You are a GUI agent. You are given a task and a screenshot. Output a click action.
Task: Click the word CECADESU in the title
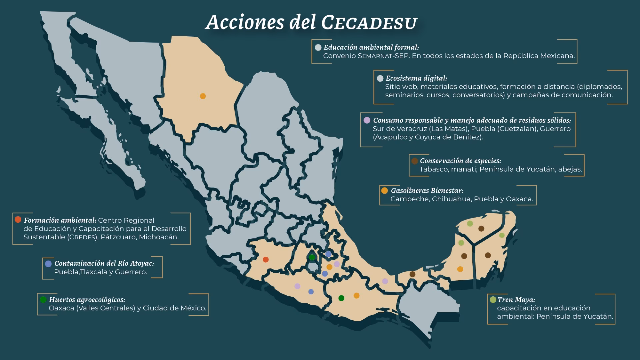(x=369, y=23)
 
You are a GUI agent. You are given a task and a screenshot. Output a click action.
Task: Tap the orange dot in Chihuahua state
(x=203, y=96)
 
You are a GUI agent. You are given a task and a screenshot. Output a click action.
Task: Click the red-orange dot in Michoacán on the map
(x=266, y=259)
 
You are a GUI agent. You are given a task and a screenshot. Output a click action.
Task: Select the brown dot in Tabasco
(x=412, y=274)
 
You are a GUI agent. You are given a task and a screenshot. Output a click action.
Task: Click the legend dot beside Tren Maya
(x=493, y=299)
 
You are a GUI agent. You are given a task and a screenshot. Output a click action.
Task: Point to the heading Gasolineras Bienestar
(x=427, y=191)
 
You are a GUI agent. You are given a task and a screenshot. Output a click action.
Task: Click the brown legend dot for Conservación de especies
(x=415, y=161)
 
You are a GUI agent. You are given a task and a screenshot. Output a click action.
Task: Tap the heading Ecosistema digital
(x=416, y=78)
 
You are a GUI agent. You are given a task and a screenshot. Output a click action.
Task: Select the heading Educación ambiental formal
(x=371, y=47)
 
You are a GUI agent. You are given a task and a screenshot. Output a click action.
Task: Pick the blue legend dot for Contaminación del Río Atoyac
(x=48, y=264)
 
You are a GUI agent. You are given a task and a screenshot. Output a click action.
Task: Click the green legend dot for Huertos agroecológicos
(x=43, y=299)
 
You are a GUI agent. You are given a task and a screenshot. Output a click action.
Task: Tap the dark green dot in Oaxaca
(x=341, y=298)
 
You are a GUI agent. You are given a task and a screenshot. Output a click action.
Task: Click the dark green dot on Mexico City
(x=312, y=257)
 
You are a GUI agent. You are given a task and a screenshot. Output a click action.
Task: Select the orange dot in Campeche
(x=460, y=269)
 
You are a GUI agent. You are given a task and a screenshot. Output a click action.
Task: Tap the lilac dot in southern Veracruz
(x=385, y=281)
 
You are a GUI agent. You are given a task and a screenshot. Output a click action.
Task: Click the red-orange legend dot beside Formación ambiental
(x=18, y=219)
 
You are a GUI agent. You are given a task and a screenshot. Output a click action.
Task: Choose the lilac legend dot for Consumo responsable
(x=367, y=120)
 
